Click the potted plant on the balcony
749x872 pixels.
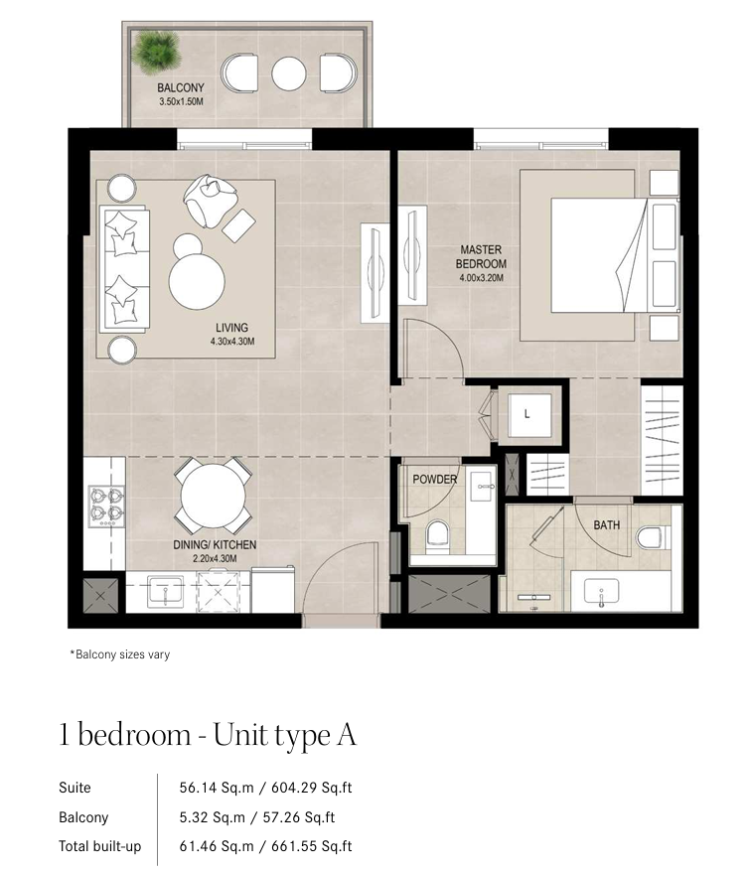point(156,52)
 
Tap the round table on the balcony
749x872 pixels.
point(289,73)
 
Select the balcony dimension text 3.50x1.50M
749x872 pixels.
point(181,101)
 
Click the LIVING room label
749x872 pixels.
point(231,328)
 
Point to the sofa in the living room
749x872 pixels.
point(124,269)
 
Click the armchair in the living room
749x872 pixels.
point(210,201)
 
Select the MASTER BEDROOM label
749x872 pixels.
point(481,256)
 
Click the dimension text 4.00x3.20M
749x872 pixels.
point(481,277)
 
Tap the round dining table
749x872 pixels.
point(213,496)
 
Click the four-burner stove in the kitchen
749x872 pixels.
point(106,507)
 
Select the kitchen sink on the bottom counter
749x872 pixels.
point(165,592)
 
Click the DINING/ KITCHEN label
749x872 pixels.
point(215,544)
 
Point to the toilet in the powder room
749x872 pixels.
point(436,536)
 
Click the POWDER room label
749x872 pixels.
point(435,479)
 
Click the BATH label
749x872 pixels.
point(607,525)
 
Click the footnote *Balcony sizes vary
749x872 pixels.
point(119,654)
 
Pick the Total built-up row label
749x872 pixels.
point(100,846)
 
